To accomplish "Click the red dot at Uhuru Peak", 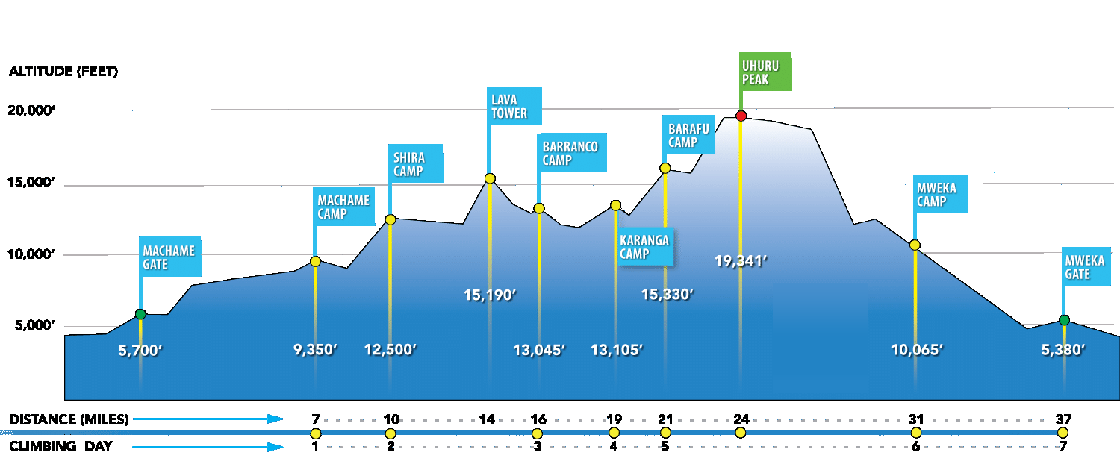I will click(x=741, y=116).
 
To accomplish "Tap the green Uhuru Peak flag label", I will click(x=764, y=72).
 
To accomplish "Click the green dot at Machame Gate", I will click(x=140, y=314).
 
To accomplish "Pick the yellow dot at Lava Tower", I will click(x=490, y=178).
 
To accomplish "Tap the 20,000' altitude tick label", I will click(x=31, y=110).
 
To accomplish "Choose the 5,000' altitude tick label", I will click(x=31, y=326).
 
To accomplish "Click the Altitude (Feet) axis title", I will click(x=63, y=72).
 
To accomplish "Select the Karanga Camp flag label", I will click(x=644, y=247).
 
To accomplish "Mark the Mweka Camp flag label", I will click(x=940, y=195).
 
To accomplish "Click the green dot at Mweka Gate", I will click(x=1064, y=320).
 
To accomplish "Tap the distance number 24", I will click(x=741, y=419).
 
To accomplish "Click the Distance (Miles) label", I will click(x=69, y=420).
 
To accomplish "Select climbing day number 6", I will click(x=916, y=447).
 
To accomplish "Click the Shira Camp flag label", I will click(x=416, y=164).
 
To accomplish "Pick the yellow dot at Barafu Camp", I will click(x=665, y=168).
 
